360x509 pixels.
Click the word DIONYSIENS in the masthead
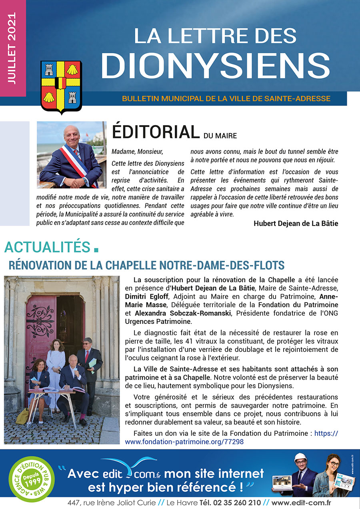pos(218,66)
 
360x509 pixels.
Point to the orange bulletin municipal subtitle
pos(226,99)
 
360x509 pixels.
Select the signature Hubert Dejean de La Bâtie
pos(296,224)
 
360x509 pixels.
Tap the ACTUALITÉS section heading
pos(47,247)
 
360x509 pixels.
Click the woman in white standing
pos(56,360)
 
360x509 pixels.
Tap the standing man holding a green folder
pos(89,360)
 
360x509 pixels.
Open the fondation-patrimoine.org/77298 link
pos(184,441)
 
